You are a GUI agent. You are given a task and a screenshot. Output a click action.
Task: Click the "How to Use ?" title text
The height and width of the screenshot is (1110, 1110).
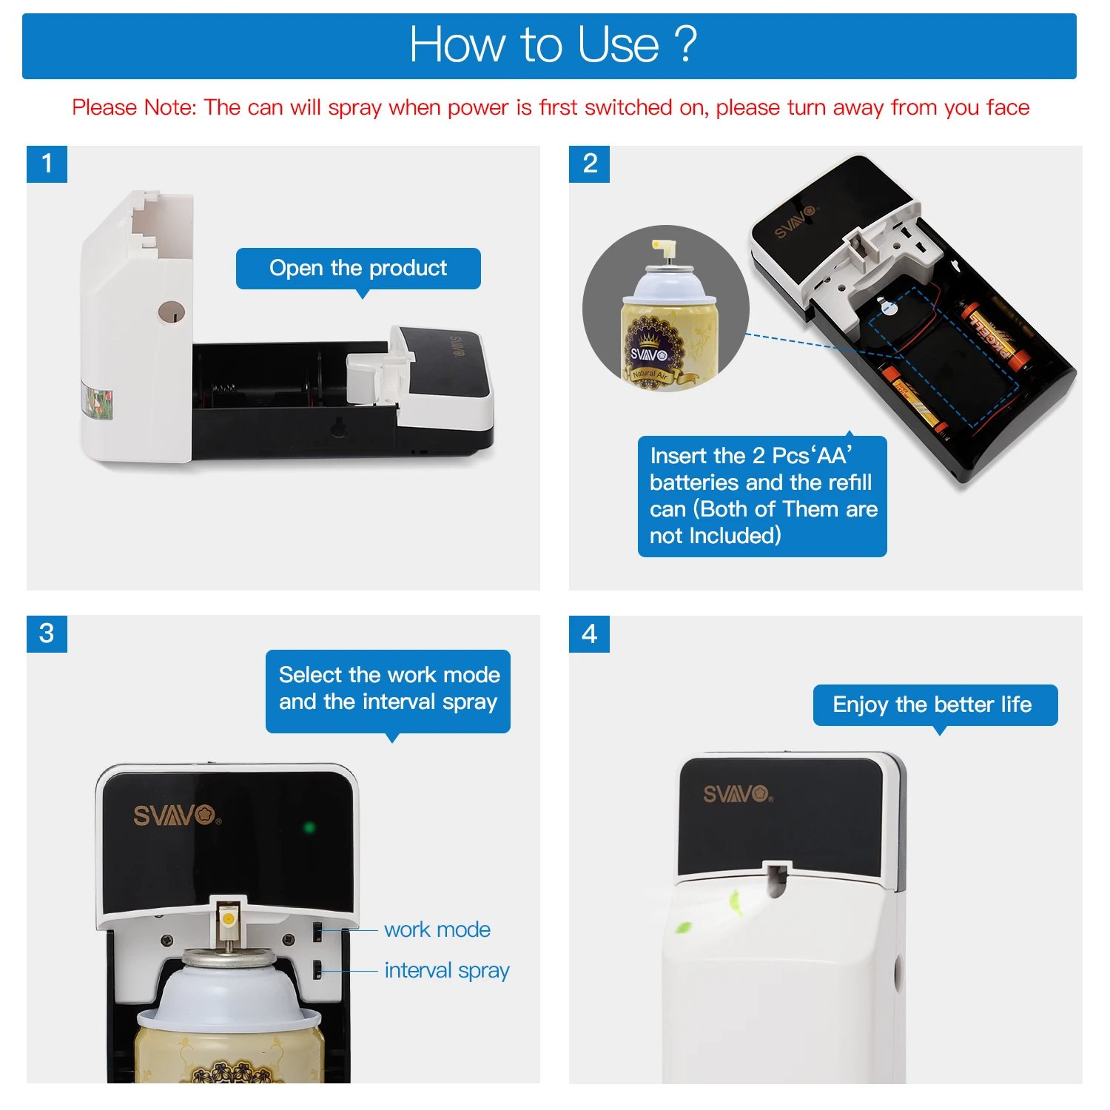(x=553, y=44)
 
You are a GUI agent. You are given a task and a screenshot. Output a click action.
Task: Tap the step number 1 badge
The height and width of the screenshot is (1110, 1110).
(x=47, y=164)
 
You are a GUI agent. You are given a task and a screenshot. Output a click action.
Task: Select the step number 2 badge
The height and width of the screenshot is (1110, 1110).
(x=589, y=164)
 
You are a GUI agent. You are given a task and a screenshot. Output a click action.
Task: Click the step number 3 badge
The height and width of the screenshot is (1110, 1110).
(x=47, y=633)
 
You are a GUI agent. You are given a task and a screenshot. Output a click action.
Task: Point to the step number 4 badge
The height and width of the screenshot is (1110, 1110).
(x=589, y=633)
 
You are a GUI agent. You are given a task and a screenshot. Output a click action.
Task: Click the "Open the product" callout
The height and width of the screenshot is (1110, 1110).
(x=358, y=269)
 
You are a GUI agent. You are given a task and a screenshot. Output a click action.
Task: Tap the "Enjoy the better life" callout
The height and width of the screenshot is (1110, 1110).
(x=935, y=705)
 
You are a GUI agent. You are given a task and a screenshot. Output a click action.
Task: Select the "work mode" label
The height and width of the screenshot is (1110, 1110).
(x=437, y=929)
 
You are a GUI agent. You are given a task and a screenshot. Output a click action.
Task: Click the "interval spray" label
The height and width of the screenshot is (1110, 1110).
(x=447, y=971)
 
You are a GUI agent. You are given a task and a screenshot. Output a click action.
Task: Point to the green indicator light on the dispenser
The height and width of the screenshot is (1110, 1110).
(x=309, y=827)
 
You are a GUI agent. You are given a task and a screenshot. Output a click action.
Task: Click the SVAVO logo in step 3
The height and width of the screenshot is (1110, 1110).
(x=177, y=815)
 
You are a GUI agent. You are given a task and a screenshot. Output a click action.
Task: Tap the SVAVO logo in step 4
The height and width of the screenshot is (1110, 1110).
(x=738, y=794)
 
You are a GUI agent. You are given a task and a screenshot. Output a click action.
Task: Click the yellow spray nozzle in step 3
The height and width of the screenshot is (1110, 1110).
(x=228, y=918)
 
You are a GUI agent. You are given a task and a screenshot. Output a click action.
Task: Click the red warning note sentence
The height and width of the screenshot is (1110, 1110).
(x=551, y=108)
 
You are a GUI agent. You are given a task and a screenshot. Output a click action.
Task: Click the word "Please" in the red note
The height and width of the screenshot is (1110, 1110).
(x=104, y=108)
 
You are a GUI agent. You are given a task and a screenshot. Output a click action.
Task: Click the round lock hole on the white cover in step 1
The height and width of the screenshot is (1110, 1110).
(x=172, y=313)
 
